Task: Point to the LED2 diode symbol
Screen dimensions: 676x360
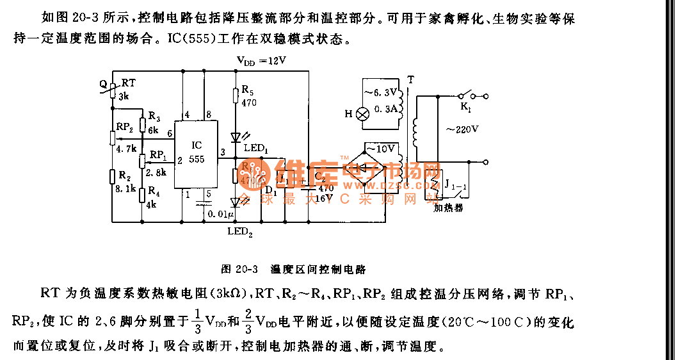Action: pyautogui.click(x=237, y=202)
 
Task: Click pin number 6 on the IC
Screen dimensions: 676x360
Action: pyautogui.click(x=170, y=133)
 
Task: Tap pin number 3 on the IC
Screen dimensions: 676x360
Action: pyautogui.click(x=221, y=152)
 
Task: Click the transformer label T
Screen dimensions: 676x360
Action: pyautogui.click(x=410, y=79)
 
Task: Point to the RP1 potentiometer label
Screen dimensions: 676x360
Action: pyautogui.click(x=157, y=154)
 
